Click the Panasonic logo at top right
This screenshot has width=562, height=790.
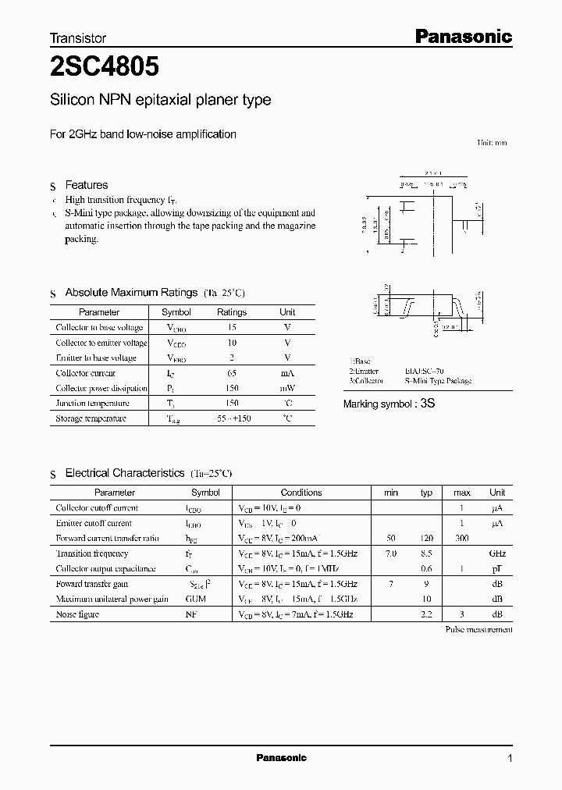point(462,36)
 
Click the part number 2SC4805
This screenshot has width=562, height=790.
point(105,68)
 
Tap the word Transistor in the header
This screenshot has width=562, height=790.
point(78,37)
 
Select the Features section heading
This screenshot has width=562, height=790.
point(86,185)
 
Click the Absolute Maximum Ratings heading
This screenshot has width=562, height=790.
point(131,292)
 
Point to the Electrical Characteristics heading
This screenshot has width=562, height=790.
point(125,473)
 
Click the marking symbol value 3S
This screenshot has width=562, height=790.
point(427,404)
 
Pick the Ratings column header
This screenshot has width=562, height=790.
point(231,312)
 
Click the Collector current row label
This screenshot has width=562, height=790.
point(87,373)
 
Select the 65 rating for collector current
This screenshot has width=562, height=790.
point(231,373)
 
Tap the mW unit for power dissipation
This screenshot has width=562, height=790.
point(287,388)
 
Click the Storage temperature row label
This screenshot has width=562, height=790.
point(91,418)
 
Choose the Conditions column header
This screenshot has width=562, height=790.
point(301,493)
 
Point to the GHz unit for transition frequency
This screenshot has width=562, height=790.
point(497,553)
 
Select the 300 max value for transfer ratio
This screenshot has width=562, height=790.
point(462,539)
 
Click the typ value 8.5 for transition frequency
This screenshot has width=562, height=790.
point(426,553)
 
